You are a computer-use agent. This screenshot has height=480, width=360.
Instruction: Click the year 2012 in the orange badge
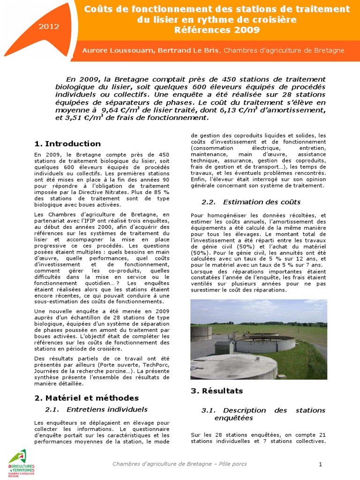click(x=49, y=26)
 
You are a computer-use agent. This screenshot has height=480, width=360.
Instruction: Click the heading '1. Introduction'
click(x=67, y=143)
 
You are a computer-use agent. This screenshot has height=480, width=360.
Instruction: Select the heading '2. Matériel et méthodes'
click(x=87, y=397)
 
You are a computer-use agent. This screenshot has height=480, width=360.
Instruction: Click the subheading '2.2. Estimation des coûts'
click(x=251, y=202)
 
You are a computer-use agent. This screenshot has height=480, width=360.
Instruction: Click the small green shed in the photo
click(x=224, y=347)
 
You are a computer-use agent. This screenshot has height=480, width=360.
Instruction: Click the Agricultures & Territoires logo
click(x=21, y=463)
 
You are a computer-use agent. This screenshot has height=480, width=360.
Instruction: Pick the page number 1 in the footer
click(x=321, y=464)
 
